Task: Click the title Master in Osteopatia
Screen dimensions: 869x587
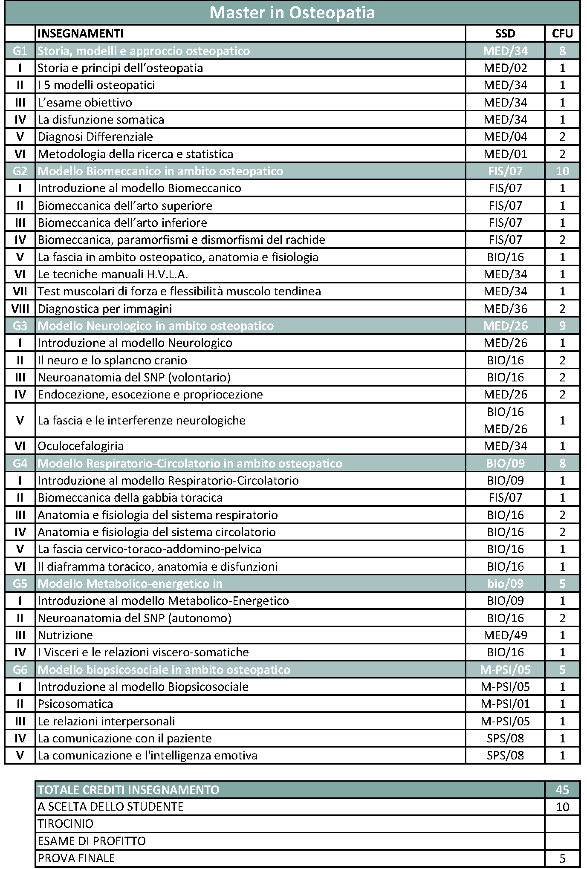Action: [292, 13]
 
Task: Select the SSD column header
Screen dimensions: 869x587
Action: [505, 34]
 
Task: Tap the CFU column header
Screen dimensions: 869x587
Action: [562, 34]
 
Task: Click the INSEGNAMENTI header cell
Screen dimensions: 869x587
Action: [81, 34]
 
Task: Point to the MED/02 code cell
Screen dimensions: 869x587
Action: [505, 68]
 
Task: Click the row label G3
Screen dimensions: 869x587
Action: [20, 326]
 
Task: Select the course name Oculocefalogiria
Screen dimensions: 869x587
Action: [81, 446]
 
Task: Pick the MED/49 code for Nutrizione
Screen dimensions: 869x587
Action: [505, 635]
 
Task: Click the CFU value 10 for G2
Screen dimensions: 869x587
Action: [562, 171]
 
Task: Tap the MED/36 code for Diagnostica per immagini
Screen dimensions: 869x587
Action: [505, 309]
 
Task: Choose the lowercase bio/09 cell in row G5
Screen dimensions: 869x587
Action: [505, 584]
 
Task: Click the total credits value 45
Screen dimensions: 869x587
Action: [562, 790]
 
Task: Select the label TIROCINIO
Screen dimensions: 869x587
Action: [66, 824]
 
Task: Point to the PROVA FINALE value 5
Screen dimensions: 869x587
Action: [562, 858]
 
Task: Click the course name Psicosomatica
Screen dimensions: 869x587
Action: [75, 704]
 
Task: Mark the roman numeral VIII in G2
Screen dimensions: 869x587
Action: [20, 309]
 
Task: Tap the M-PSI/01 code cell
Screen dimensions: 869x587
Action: [505, 704]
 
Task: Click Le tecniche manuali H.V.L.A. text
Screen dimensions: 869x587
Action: [113, 274]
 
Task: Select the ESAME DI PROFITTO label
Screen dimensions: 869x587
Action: [92, 841]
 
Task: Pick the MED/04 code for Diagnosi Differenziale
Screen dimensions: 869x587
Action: [505, 137]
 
